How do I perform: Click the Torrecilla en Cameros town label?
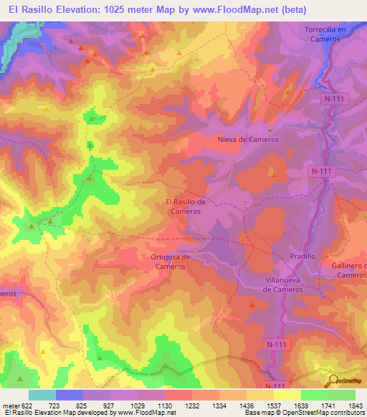(x=325, y=34)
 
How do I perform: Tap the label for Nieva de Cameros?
(x=247, y=140)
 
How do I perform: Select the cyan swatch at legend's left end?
(x=42, y=395)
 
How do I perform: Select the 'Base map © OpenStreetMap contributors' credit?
(x=305, y=413)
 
